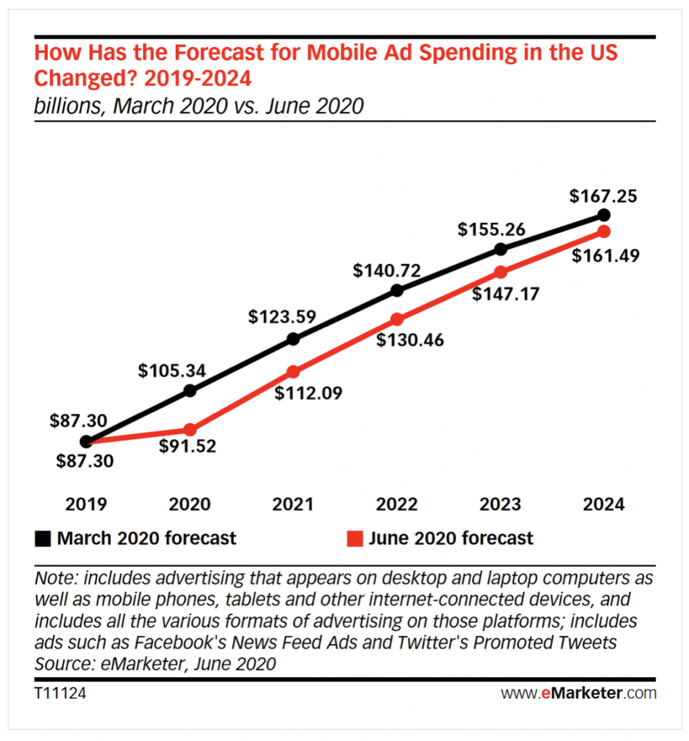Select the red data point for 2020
click(x=190, y=429)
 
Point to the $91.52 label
click(x=190, y=446)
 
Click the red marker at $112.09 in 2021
click(x=293, y=372)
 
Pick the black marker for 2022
click(x=397, y=290)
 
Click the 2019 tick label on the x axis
click(x=86, y=504)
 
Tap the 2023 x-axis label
click(x=501, y=504)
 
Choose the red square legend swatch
click(x=354, y=538)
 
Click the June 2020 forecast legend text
click(x=450, y=538)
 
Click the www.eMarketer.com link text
click(x=578, y=693)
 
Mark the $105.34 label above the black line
click(x=172, y=371)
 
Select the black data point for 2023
click(x=501, y=249)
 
